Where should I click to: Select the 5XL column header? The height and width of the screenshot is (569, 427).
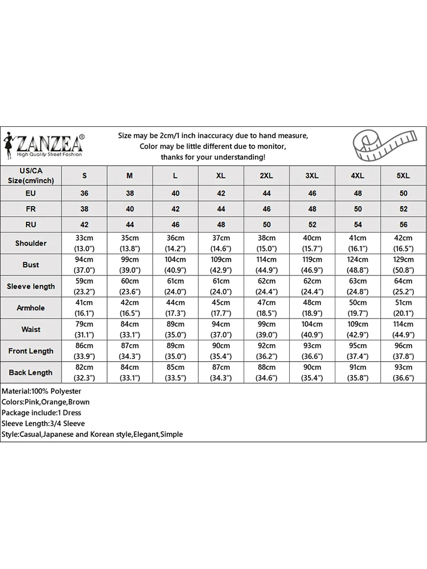[403, 176]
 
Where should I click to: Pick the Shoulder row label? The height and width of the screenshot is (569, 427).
[31, 243]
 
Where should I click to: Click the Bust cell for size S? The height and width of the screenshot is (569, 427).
[84, 265]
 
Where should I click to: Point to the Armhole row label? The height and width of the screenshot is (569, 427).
[31, 308]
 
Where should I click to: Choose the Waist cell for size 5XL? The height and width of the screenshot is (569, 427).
[403, 329]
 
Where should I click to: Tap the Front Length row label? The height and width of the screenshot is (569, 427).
[31, 351]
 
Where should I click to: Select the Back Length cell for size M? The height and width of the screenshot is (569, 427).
[130, 373]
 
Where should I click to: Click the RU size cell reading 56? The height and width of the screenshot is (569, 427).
[403, 225]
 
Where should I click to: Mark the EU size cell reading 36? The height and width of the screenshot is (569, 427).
[84, 193]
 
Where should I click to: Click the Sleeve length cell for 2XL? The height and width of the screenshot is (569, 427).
[266, 286]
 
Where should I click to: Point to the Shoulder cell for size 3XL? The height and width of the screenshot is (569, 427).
[312, 243]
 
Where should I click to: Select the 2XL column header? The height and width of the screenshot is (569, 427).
[266, 176]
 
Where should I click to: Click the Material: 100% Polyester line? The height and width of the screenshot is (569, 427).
[42, 391]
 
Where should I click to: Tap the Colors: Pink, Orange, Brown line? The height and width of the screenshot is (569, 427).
[46, 402]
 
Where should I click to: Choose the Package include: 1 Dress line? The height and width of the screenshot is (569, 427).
[42, 413]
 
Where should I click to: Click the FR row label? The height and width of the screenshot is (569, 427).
[31, 209]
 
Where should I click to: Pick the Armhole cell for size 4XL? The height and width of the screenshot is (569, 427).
[358, 308]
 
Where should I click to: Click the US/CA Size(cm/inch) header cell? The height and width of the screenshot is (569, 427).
[31, 175]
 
